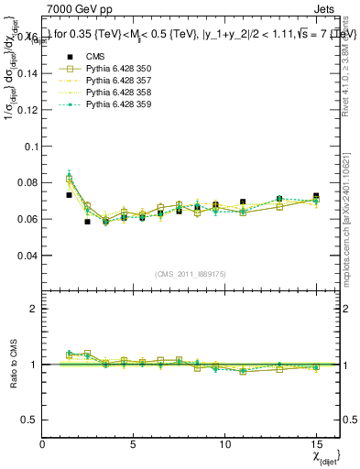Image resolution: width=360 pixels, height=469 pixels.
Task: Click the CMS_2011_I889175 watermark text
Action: coord(191,275)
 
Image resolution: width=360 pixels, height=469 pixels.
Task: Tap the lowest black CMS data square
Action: coord(87,222)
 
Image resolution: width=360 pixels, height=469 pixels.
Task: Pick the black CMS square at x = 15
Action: coord(316,196)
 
